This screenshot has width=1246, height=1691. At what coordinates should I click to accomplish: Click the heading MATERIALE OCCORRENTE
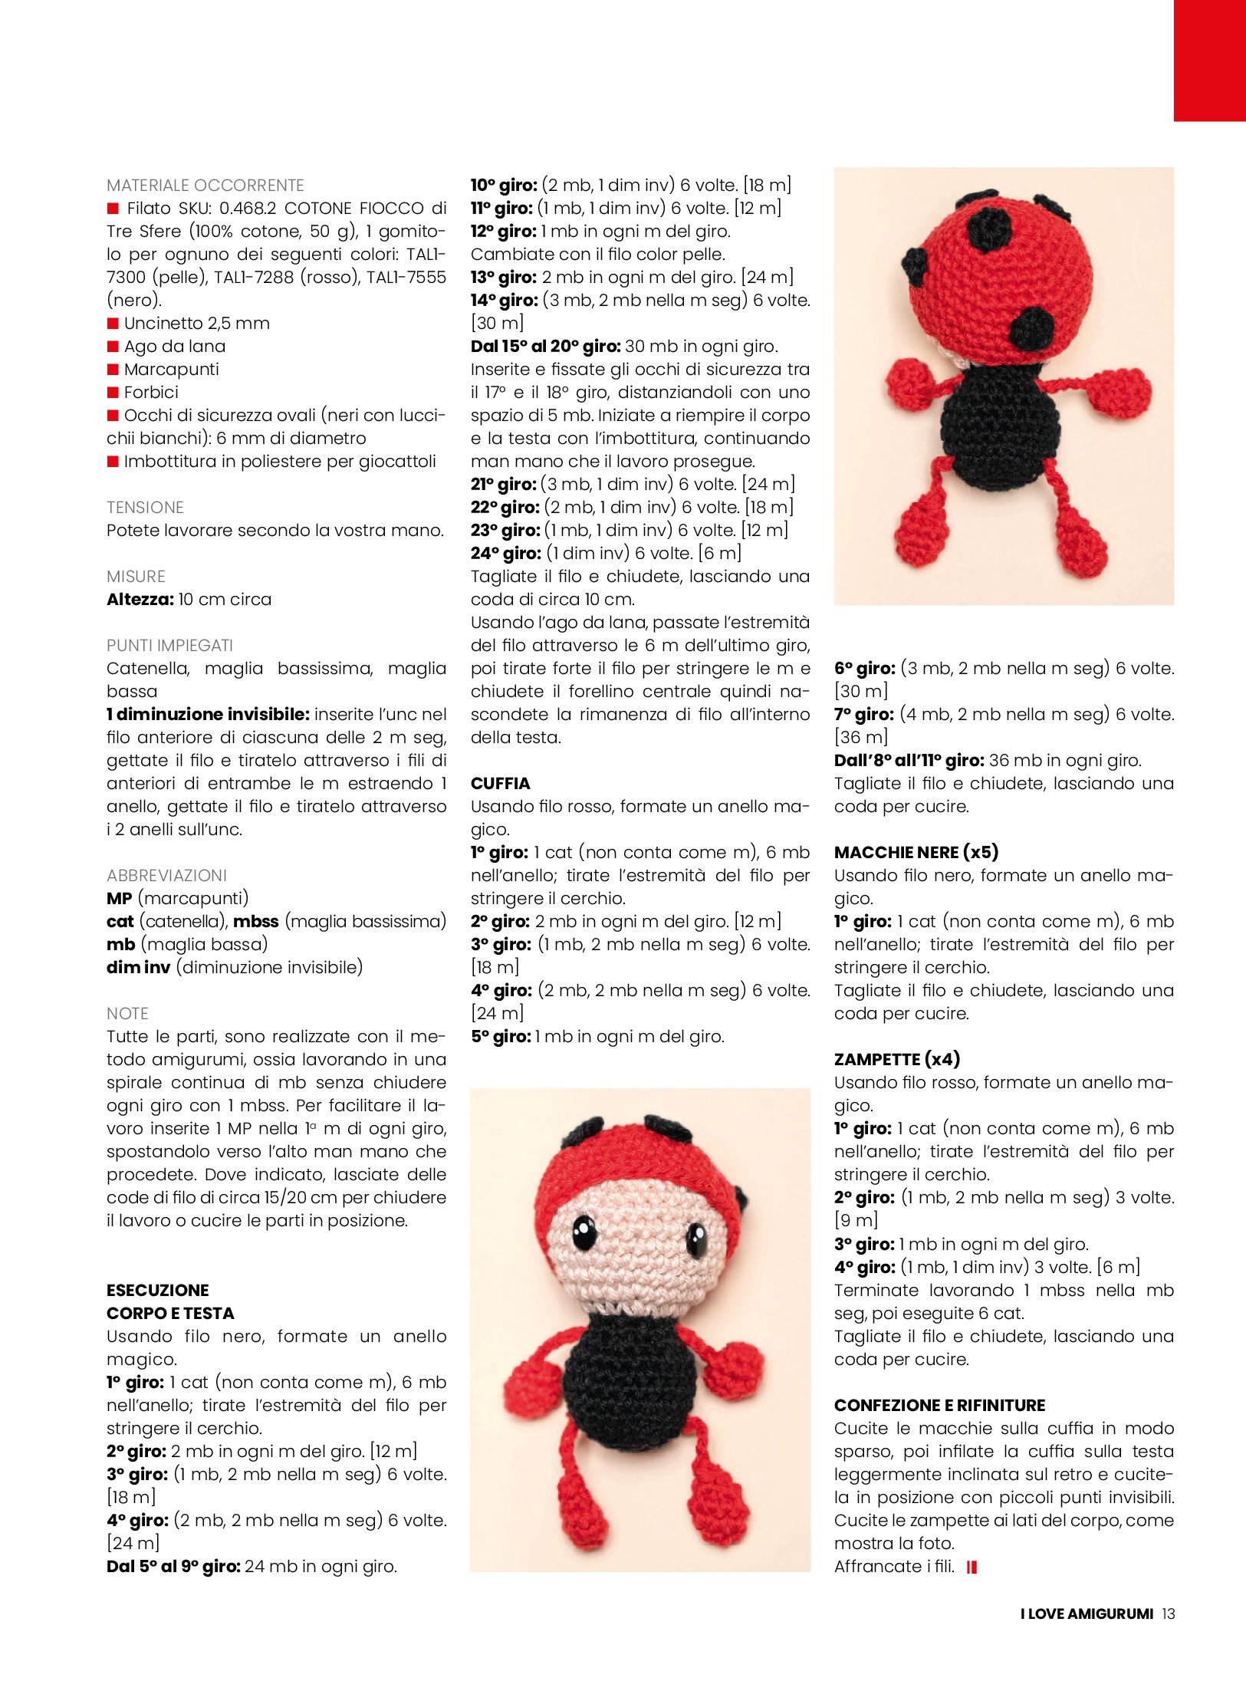(205, 185)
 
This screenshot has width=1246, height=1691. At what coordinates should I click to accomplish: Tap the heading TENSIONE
(145, 507)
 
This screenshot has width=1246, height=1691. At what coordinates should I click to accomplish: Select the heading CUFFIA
(500, 783)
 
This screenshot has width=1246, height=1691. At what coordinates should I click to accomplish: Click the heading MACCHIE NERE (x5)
(916, 852)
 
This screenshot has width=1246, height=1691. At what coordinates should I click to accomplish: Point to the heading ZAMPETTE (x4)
(896, 1059)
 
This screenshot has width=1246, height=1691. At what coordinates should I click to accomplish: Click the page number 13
(1168, 1614)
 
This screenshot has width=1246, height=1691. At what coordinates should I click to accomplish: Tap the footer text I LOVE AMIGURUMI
(1086, 1614)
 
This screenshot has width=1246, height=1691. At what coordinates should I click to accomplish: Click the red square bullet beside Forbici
(113, 393)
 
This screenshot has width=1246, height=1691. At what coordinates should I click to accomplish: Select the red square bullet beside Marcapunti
(113, 370)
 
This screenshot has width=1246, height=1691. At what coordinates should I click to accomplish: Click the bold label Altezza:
(140, 599)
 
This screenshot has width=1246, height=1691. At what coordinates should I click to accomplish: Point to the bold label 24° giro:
(505, 553)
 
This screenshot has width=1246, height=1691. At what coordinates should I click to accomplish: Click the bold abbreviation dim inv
(138, 967)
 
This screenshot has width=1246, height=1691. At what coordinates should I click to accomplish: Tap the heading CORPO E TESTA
(169, 1313)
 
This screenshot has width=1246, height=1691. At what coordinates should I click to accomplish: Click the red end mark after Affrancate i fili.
(971, 1568)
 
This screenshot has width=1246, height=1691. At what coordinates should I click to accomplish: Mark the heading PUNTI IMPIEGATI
(169, 645)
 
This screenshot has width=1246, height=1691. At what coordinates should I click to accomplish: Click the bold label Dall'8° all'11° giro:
(909, 760)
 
